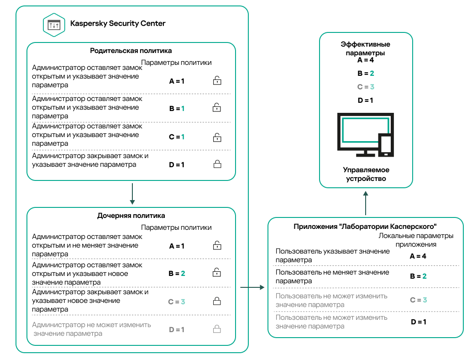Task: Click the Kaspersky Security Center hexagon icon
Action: coord(54,25)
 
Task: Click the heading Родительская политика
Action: coord(131,51)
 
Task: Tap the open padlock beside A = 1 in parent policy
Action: coord(217,80)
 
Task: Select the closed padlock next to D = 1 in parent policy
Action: coord(217,164)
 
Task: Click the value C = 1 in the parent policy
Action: coord(177,137)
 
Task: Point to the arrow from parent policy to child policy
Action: coord(132,194)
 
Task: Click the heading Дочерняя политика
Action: coord(131,216)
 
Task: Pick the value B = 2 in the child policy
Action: coord(177,274)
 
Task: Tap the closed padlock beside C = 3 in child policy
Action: coord(217,301)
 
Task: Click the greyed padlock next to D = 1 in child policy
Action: coord(217,329)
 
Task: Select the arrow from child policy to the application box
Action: coord(252,287)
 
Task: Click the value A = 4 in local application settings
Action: coord(418,256)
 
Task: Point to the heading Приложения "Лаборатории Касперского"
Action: coord(365,227)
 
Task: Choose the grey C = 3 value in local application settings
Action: coord(419,300)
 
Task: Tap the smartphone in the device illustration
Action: coord(386,145)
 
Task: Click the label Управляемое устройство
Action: coord(366,174)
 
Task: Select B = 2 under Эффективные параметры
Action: coord(366,74)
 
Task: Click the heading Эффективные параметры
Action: coord(366,48)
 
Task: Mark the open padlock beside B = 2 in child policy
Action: coord(217,272)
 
